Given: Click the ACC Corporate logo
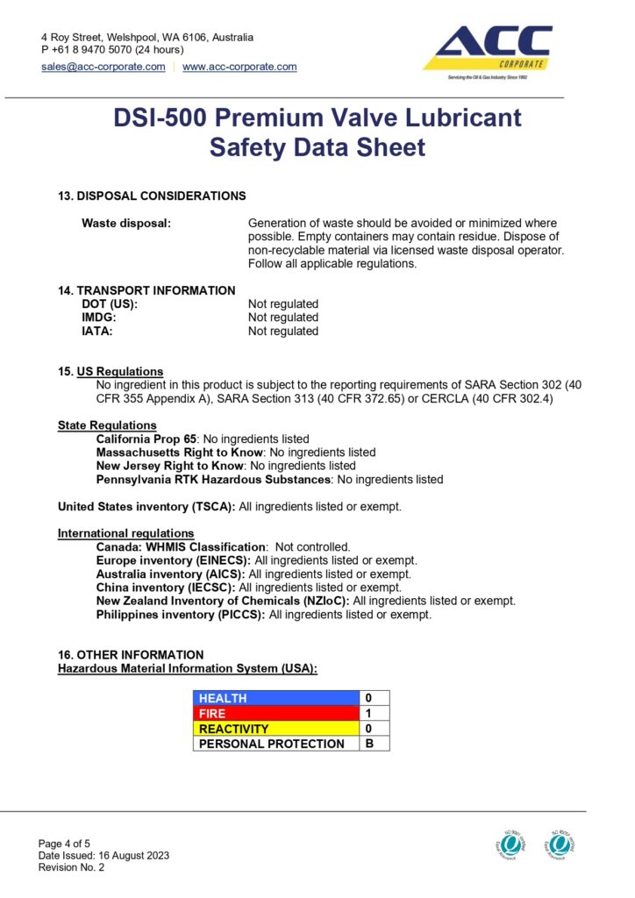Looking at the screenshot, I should [x=488, y=51].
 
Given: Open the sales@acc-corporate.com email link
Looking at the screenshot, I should [x=103, y=67].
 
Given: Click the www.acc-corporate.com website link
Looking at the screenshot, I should [x=239, y=67].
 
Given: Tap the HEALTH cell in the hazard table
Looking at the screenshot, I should [x=276, y=698].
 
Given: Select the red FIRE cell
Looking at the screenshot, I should [x=276, y=713].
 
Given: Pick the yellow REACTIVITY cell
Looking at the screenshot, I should [x=276, y=729].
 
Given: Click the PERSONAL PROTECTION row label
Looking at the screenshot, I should [x=276, y=744].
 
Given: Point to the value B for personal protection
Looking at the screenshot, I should [x=369, y=744].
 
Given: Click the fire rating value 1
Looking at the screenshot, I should [x=369, y=713].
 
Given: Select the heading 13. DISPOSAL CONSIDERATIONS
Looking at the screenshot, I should [x=152, y=196].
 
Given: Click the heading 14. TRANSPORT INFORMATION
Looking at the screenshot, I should [x=146, y=290].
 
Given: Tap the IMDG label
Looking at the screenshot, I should [x=99, y=317].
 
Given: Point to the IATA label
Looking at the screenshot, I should [x=97, y=331].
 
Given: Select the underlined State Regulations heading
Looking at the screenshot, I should [x=107, y=425].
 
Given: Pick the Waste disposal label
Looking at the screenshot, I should [x=126, y=224].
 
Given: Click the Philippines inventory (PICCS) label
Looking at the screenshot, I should [x=180, y=615].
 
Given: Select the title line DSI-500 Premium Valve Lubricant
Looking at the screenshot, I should [x=317, y=118].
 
